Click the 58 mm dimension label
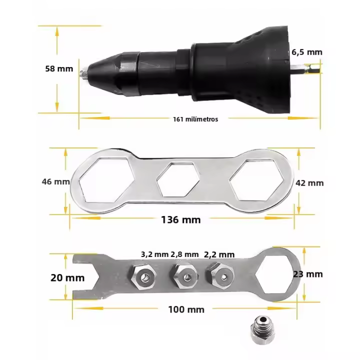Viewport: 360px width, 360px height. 58,69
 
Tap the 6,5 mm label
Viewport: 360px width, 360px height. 306,51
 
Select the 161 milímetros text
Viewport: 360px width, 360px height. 195,119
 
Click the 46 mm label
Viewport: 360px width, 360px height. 55,181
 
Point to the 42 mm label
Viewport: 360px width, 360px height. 309,182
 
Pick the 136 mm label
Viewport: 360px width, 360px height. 180,219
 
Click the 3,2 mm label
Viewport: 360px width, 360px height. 154,254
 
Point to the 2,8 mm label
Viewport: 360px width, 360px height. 184,254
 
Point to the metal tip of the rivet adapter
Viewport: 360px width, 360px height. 84,73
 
